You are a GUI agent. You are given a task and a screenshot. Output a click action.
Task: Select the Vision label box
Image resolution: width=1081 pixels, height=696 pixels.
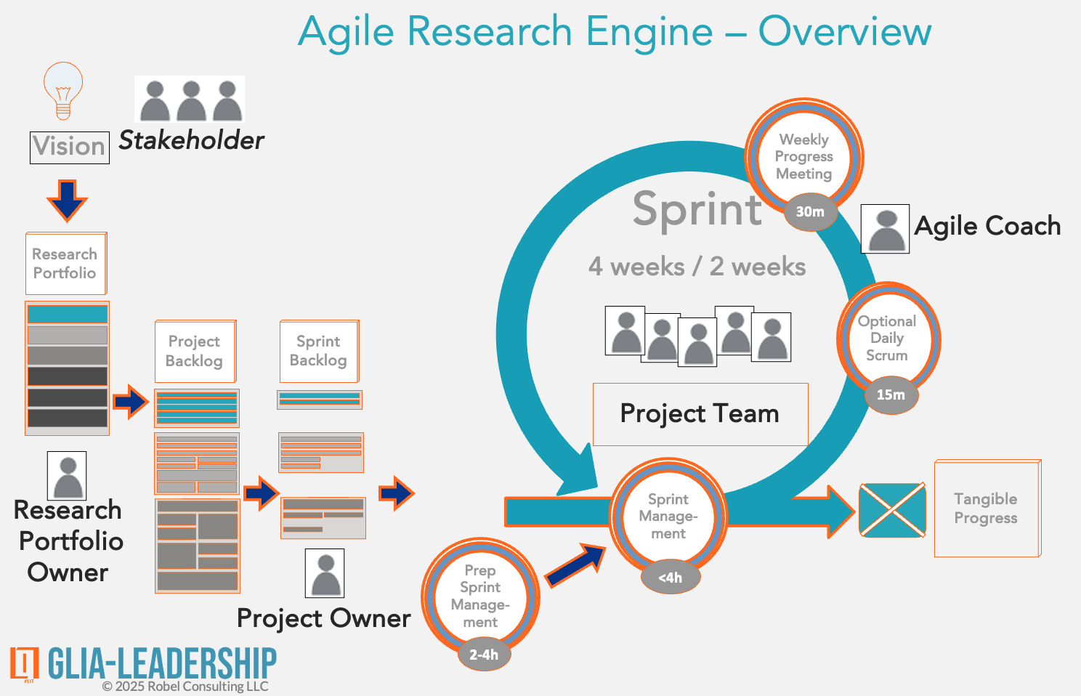[x=70, y=147]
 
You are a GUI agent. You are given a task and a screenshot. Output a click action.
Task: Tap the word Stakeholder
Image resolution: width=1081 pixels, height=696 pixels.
[x=191, y=140]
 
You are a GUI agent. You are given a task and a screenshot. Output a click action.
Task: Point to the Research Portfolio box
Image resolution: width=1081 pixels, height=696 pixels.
[x=65, y=263]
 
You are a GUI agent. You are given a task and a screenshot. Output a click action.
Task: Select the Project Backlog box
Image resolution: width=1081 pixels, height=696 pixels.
[x=195, y=351]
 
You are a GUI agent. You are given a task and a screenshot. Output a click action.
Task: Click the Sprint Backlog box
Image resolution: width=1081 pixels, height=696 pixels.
[x=319, y=351]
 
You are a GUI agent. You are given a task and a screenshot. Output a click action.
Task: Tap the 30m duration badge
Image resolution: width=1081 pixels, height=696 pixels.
[x=810, y=212]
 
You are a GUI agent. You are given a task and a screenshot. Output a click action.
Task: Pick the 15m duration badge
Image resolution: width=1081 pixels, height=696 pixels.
[x=891, y=395]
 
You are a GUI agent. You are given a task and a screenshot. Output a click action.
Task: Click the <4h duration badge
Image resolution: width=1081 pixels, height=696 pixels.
[x=671, y=578]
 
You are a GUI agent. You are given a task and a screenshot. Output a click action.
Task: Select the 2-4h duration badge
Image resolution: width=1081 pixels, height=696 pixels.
[x=484, y=655]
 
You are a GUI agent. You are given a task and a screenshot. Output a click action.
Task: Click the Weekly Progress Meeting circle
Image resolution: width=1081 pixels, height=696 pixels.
[x=803, y=156]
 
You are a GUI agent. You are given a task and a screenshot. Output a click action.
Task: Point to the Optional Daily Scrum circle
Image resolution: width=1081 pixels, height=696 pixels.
[x=887, y=338]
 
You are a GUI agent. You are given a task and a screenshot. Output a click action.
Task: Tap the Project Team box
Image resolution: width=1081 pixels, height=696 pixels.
[x=700, y=414]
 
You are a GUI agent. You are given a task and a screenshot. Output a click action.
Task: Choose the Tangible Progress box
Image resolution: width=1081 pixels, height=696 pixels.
[x=987, y=509]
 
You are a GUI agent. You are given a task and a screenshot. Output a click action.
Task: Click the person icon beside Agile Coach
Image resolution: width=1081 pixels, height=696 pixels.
[x=885, y=229]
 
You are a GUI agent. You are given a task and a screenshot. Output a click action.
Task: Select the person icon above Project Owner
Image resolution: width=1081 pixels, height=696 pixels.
[x=325, y=573]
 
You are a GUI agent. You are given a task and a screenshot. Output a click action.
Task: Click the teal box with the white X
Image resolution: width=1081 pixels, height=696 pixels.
[x=892, y=510]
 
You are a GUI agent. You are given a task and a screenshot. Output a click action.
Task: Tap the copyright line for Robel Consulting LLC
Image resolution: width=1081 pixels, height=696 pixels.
[x=185, y=687]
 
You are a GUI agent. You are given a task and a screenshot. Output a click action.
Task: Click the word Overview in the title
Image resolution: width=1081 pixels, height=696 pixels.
[x=844, y=32]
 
